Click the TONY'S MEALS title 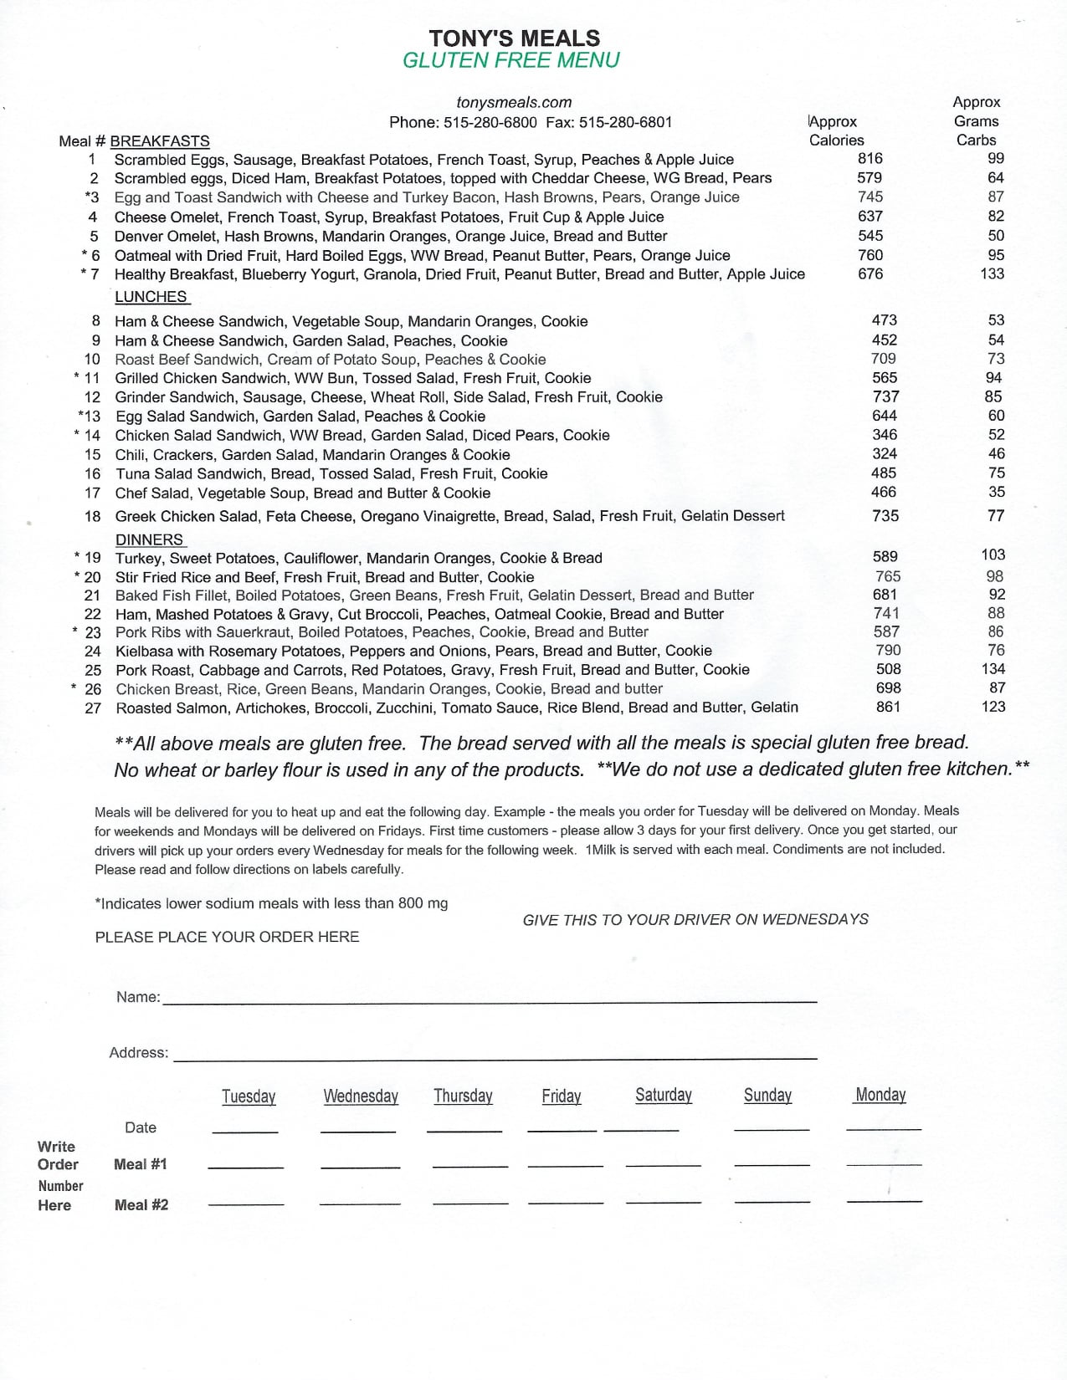(514, 38)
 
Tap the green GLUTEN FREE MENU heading (511, 60)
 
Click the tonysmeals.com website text (514, 102)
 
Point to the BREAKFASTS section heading (160, 141)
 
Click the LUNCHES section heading (151, 297)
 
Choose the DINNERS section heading (149, 539)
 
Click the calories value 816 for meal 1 (870, 158)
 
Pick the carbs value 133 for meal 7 (992, 273)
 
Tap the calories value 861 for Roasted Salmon (888, 707)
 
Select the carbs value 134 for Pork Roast (993, 669)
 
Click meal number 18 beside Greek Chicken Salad (92, 516)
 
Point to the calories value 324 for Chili (885, 454)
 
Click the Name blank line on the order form (490, 1000)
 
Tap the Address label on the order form (138, 1053)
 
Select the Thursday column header (463, 1096)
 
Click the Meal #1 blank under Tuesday (245, 1164)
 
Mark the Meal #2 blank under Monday (884, 1200)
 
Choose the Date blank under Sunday (772, 1129)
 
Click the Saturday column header (664, 1095)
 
